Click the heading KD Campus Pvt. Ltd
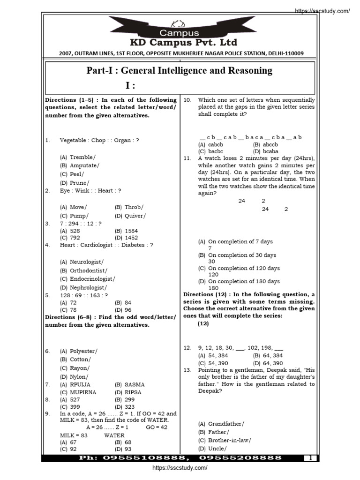tap(179, 42)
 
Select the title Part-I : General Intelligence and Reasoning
tap(179, 71)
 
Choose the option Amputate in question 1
tap(84, 165)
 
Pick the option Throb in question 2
tap(135, 207)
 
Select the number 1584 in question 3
tap(131, 231)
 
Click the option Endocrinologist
tap(92, 279)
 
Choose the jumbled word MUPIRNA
tap(82, 392)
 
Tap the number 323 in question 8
tap(130, 407)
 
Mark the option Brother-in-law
tap(230, 440)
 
